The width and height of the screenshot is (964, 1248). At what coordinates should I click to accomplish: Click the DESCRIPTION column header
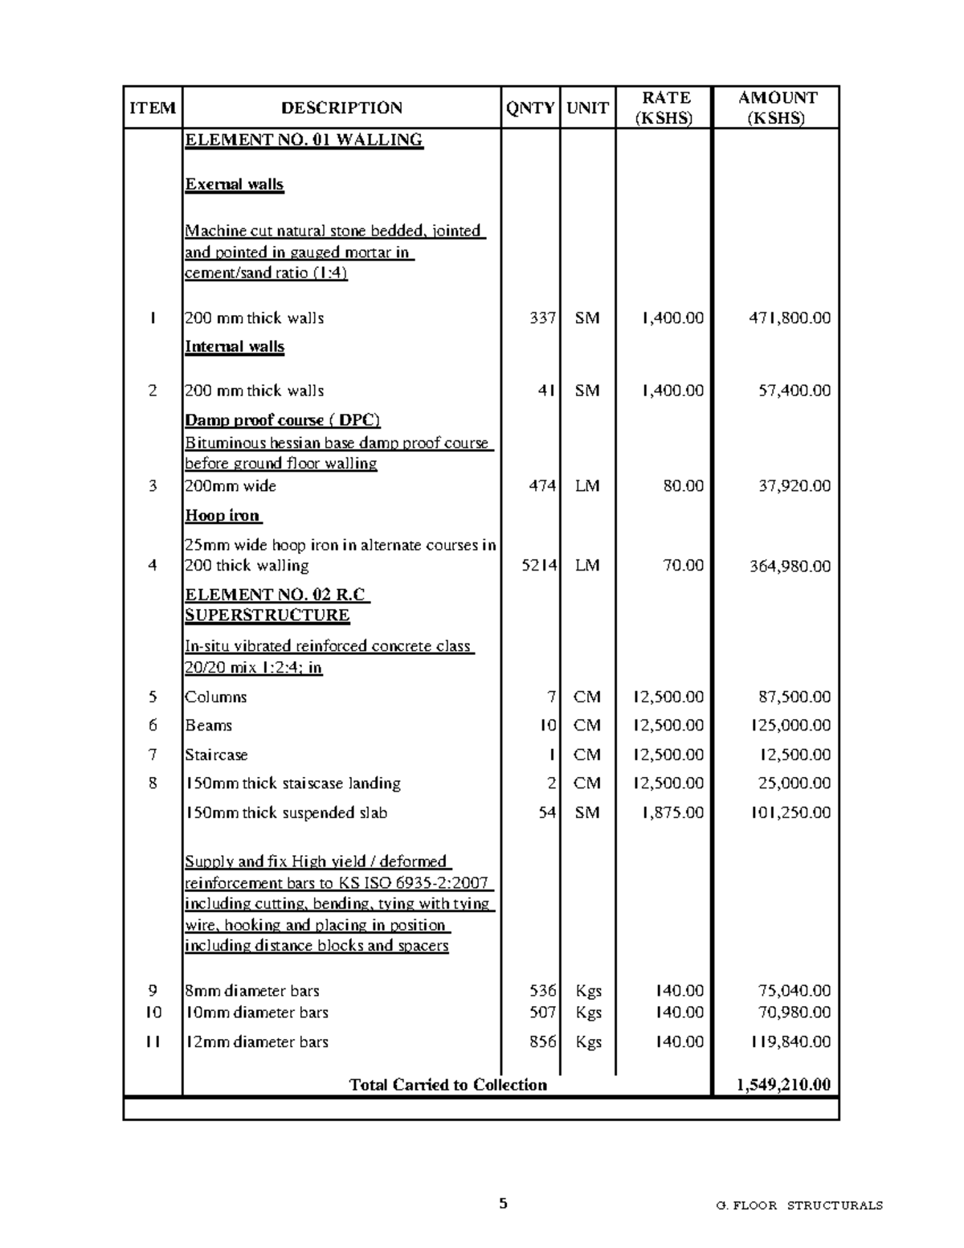[341, 108]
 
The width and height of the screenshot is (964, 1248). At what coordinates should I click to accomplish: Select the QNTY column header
[530, 108]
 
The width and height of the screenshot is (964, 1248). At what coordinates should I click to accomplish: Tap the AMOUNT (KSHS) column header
[776, 108]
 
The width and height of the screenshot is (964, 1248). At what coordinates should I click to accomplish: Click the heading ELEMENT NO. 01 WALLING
[304, 140]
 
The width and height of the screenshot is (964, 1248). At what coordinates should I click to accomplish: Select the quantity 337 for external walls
[542, 318]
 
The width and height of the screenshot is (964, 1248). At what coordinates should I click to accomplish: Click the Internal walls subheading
[235, 347]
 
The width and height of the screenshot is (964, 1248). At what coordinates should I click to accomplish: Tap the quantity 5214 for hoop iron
[539, 566]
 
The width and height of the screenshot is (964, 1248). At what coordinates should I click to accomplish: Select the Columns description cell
[216, 698]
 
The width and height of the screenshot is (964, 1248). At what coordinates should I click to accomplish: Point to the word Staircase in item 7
[216, 755]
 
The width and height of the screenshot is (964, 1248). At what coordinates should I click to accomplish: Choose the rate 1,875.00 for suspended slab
[672, 813]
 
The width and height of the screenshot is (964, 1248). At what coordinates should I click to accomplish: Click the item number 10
[153, 1013]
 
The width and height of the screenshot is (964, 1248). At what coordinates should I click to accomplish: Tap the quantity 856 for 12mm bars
[542, 1042]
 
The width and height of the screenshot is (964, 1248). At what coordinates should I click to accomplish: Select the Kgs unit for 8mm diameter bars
[588, 992]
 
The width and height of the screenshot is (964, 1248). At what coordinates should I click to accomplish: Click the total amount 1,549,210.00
[783, 1085]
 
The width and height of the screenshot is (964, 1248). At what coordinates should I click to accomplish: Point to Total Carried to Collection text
[447, 1085]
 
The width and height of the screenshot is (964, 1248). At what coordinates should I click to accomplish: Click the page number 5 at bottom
[504, 1204]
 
